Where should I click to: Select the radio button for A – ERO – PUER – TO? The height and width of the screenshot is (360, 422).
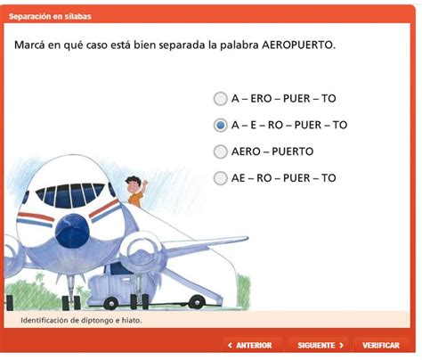point(220,99)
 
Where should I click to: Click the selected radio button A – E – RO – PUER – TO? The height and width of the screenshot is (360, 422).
point(220,126)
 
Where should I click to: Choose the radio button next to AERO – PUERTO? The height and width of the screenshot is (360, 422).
point(220,151)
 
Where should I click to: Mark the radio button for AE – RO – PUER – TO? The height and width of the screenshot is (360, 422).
point(220,178)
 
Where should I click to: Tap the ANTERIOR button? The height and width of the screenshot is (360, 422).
point(255,345)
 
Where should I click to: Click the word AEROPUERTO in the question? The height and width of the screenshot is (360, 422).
point(298,45)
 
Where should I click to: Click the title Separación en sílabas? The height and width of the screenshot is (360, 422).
point(49,16)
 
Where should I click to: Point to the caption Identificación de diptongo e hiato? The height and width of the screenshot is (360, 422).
point(80,319)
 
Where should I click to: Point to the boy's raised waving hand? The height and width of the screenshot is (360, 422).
point(146,182)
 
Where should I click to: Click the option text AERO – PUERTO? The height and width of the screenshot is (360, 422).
point(272,151)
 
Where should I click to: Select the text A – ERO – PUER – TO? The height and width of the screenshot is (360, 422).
point(283,99)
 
